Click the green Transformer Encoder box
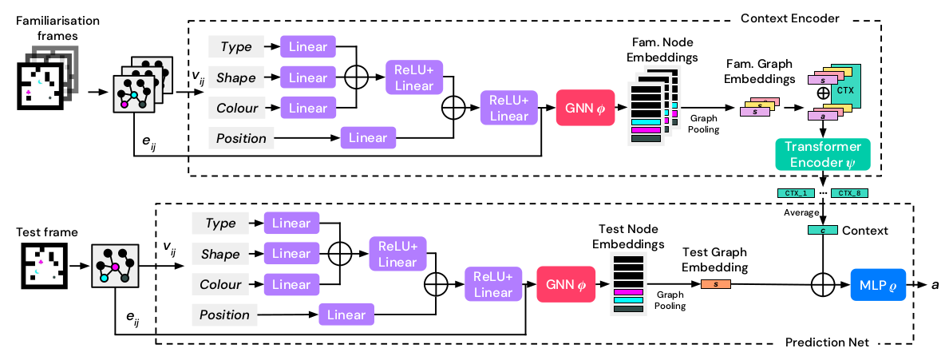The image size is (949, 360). point(822,154)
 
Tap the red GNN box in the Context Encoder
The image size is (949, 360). point(583,110)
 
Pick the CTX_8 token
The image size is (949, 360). point(849,193)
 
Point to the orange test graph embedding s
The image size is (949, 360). point(715,284)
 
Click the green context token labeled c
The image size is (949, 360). point(823,231)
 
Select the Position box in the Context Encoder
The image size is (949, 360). point(241,139)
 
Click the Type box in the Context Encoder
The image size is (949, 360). point(236,46)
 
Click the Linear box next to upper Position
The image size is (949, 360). point(368,139)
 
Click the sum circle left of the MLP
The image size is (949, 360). point(823,284)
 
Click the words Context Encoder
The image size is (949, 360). point(790,18)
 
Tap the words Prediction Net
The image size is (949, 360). point(827,342)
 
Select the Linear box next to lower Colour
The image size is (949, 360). point(291,284)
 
